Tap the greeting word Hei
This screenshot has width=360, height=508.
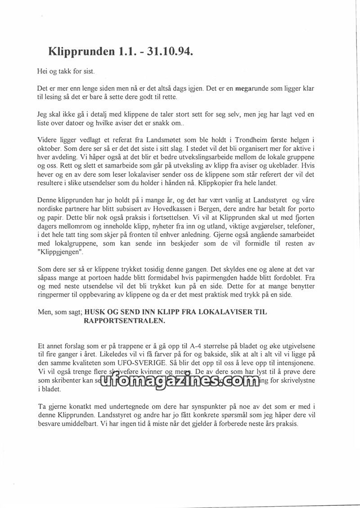(42, 71)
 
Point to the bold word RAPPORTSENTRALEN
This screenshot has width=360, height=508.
(125, 321)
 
